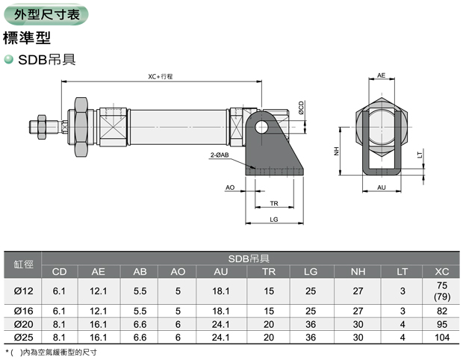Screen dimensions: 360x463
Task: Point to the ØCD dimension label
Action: pyautogui.click(x=301, y=108)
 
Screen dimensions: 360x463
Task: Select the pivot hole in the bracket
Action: pyautogui.click(x=261, y=127)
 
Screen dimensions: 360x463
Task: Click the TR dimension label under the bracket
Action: pyautogui.click(x=274, y=202)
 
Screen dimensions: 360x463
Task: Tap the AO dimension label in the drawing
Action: pyautogui.click(x=230, y=187)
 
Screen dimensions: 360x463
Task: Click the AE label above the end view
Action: pyautogui.click(x=381, y=76)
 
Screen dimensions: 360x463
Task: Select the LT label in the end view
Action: pyautogui.click(x=420, y=155)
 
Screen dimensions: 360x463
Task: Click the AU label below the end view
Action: pyautogui.click(x=381, y=187)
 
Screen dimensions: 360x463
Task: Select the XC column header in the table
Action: pyautogui.click(x=441, y=272)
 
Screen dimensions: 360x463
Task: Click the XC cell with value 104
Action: pyautogui.click(x=441, y=338)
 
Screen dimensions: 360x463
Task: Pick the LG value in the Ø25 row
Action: pyautogui.click(x=311, y=338)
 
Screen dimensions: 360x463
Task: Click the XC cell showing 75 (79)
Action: pyautogui.click(x=441, y=291)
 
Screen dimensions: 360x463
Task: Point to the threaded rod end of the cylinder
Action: pyautogui.click(x=37, y=126)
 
